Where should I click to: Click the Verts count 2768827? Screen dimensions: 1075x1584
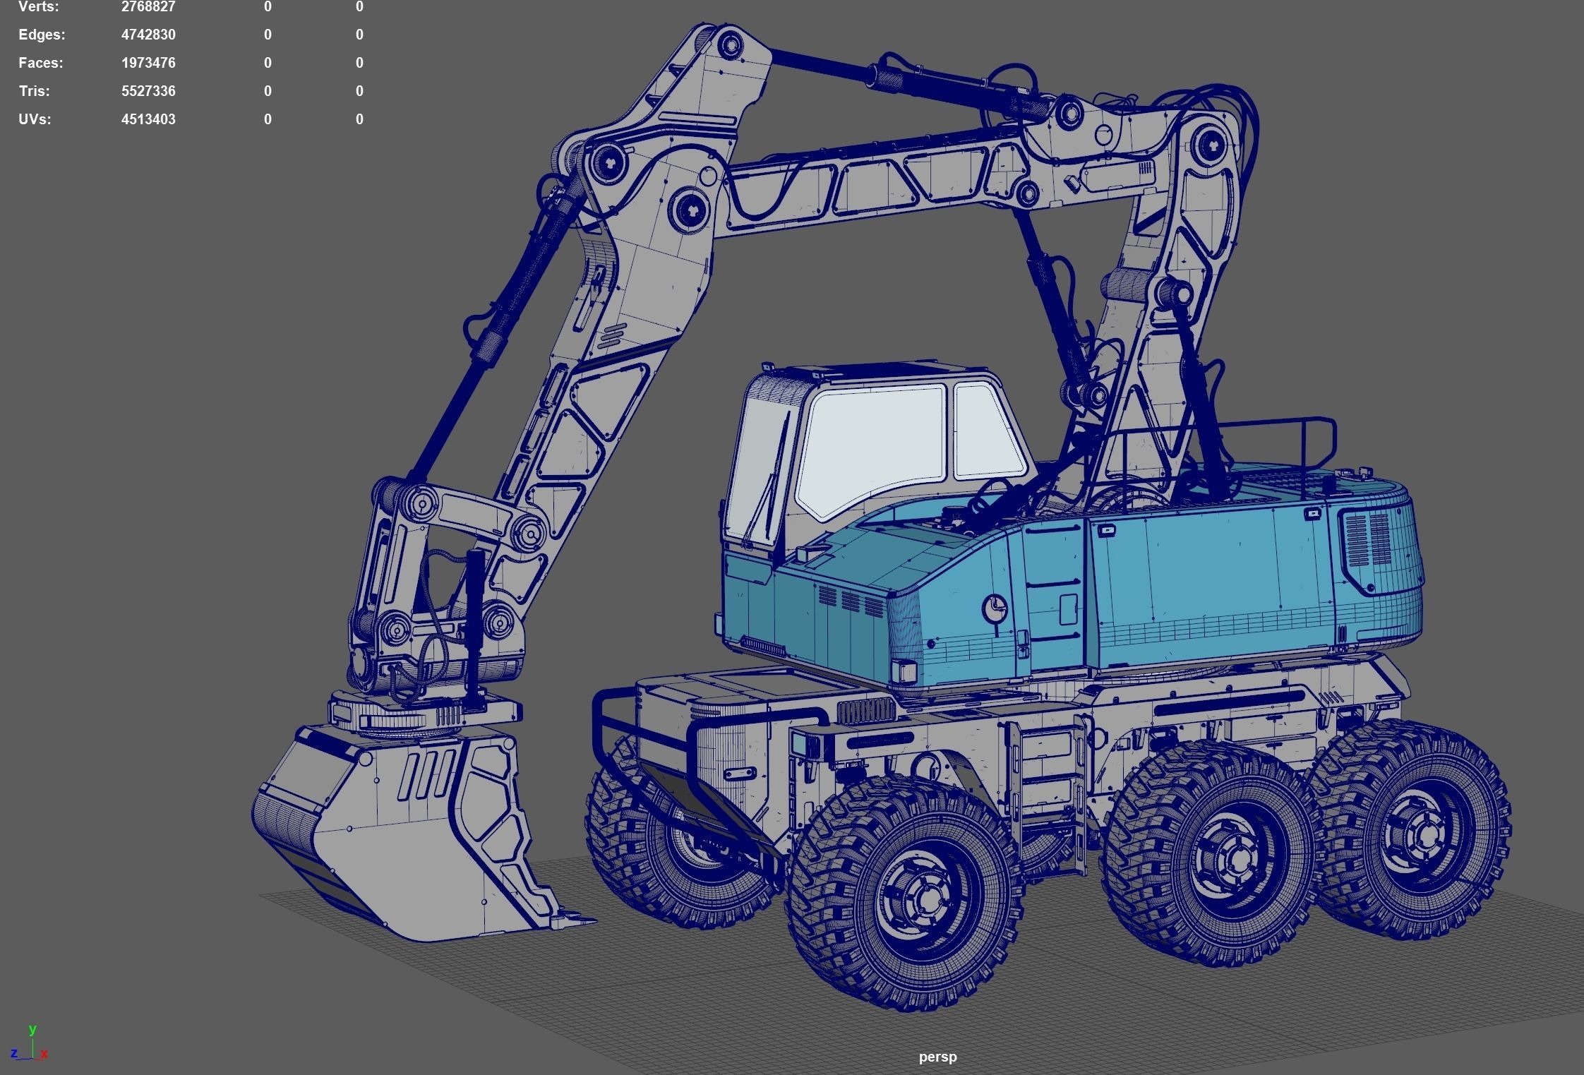[x=148, y=7]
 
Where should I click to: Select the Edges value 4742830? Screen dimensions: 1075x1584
[x=148, y=35]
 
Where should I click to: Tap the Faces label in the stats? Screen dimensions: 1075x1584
[x=40, y=63]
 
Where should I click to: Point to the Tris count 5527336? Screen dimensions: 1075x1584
[x=148, y=91]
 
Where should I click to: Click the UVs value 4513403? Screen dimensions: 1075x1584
[x=148, y=119]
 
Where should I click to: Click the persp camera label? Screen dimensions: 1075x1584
[x=937, y=1057]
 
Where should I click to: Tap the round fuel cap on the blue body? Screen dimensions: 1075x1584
[x=995, y=607]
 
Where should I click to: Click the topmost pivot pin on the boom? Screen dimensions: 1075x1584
[x=730, y=46]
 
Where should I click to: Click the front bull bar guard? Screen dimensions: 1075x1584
[x=635, y=741]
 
